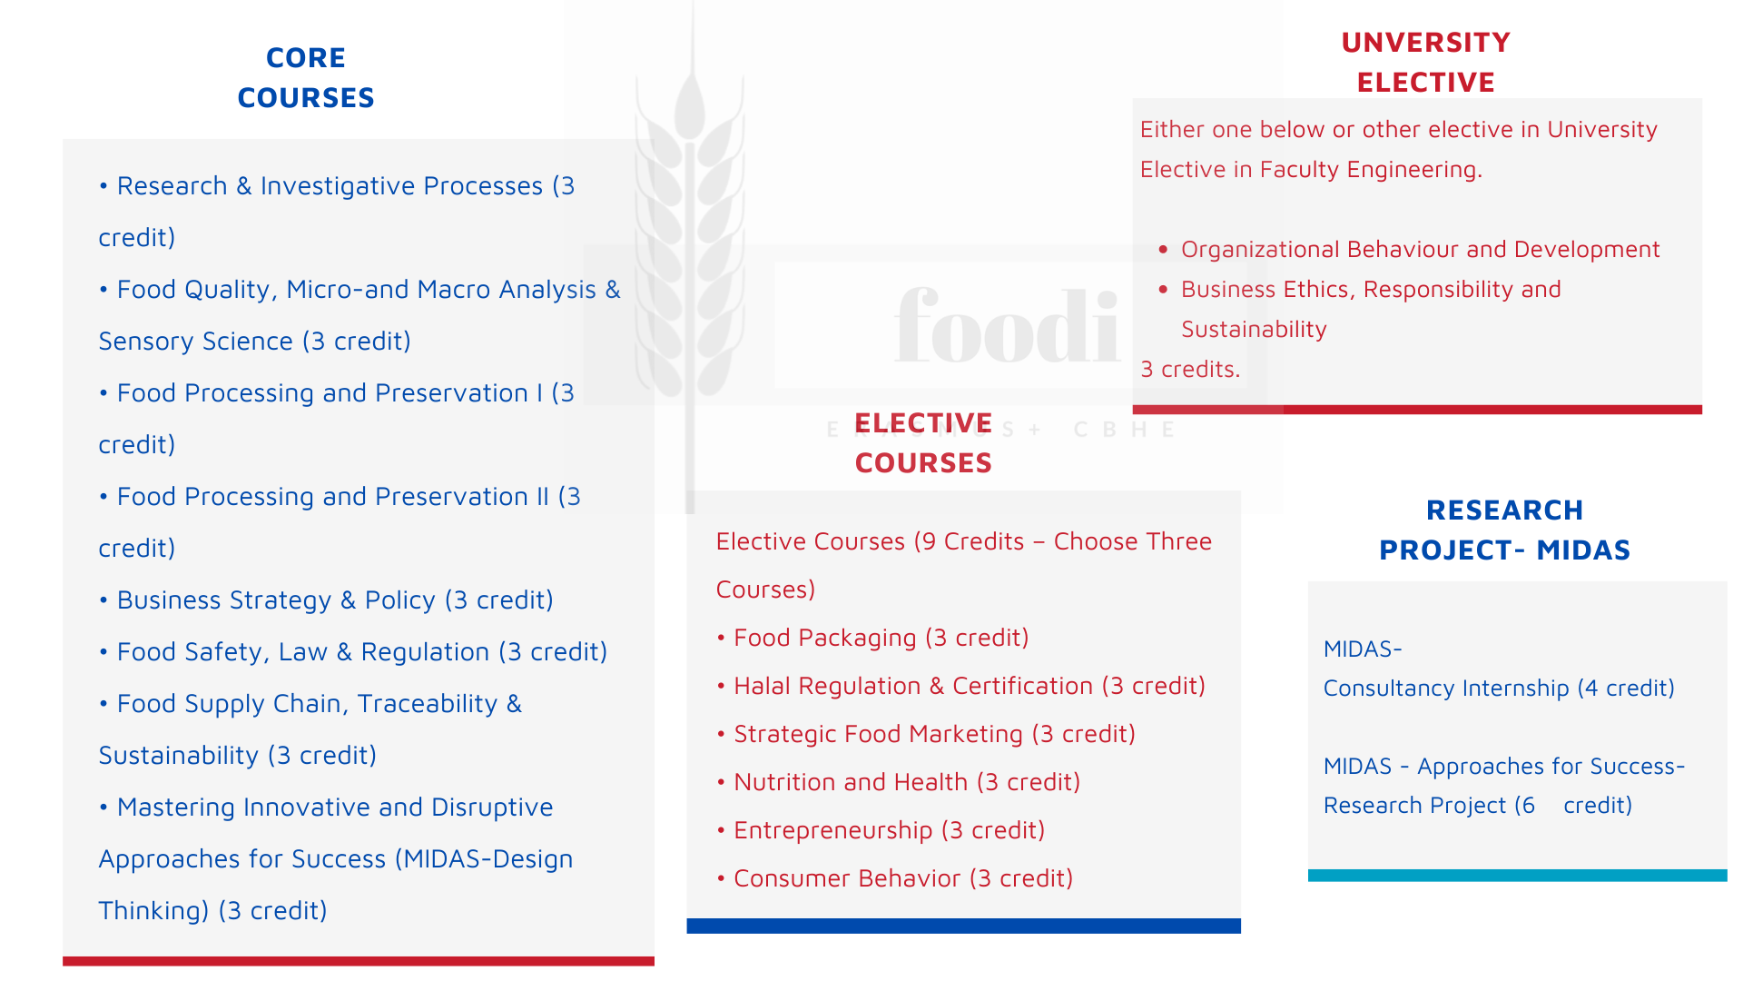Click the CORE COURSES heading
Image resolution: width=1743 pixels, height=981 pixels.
[x=306, y=77]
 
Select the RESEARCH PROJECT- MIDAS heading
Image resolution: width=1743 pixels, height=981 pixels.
[x=1504, y=530]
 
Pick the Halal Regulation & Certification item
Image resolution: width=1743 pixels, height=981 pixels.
[x=960, y=686]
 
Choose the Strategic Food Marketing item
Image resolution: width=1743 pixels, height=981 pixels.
[x=926, y=734]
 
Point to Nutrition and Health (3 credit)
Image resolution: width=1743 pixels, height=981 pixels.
[x=898, y=782]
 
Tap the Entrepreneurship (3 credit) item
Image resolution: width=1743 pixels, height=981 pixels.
[x=881, y=830]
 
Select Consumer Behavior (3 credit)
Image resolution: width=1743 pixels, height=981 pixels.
[x=894, y=878]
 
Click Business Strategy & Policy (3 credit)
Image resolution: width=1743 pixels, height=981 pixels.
[x=326, y=600]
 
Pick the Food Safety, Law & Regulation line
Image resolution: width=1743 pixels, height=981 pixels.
[x=353, y=652]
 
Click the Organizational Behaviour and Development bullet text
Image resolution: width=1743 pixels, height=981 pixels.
[x=1420, y=249]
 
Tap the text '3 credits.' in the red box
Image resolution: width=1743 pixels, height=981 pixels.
[x=1190, y=369]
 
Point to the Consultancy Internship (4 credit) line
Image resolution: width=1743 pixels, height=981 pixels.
[x=1499, y=688]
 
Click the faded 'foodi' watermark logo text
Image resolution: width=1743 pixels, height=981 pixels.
[x=1008, y=325]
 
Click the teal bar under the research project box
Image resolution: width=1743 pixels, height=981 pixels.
[x=1518, y=876]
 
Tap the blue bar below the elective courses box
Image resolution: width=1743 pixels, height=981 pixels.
[x=963, y=926]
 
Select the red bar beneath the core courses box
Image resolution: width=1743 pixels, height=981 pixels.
[x=359, y=961]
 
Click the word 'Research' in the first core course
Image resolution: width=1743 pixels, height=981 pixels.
[x=172, y=186]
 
